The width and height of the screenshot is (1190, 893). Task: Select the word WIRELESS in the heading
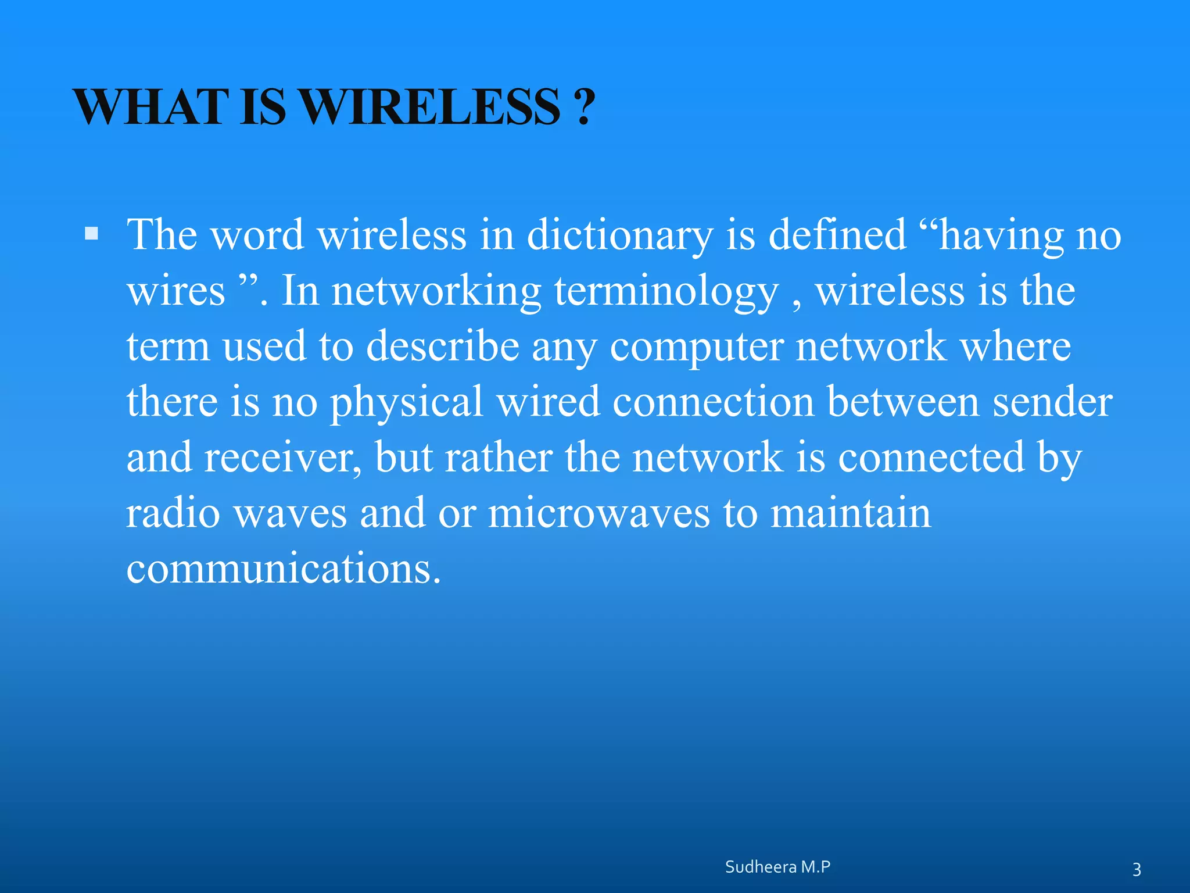431,107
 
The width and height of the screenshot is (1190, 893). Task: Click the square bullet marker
91,234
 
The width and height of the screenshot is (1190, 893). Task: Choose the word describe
443,346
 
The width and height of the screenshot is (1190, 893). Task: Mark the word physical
406,402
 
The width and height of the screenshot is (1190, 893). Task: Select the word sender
1052,402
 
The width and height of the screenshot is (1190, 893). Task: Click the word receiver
282,457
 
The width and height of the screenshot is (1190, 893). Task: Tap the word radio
173,513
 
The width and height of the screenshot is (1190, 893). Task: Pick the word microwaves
598,513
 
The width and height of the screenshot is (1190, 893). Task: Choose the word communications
284,568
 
